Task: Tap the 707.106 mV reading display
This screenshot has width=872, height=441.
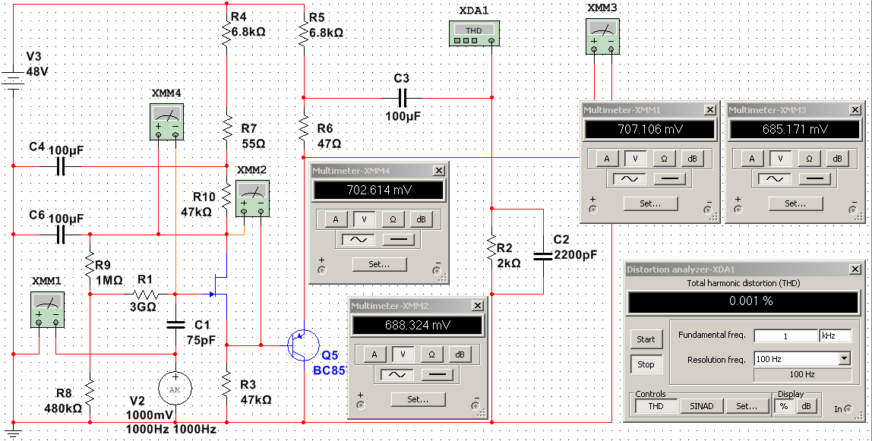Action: click(649, 129)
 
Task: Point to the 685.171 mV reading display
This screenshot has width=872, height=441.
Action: click(795, 129)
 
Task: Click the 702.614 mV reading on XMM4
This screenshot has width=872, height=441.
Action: click(378, 191)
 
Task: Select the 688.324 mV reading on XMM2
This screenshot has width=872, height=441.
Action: click(416, 325)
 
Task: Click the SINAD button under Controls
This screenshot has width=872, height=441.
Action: click(701, 406)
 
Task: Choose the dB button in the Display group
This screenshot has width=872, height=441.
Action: click(806, 406)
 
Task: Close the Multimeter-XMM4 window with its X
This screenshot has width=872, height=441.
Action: click(439, 171)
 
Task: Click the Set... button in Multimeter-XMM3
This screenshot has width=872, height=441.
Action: click(795, 203)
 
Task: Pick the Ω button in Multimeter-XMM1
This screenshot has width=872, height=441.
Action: click(664, 158)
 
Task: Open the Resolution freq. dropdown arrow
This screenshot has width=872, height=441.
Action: click(844, 359)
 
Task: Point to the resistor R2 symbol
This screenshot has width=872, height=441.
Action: click(492, 250)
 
